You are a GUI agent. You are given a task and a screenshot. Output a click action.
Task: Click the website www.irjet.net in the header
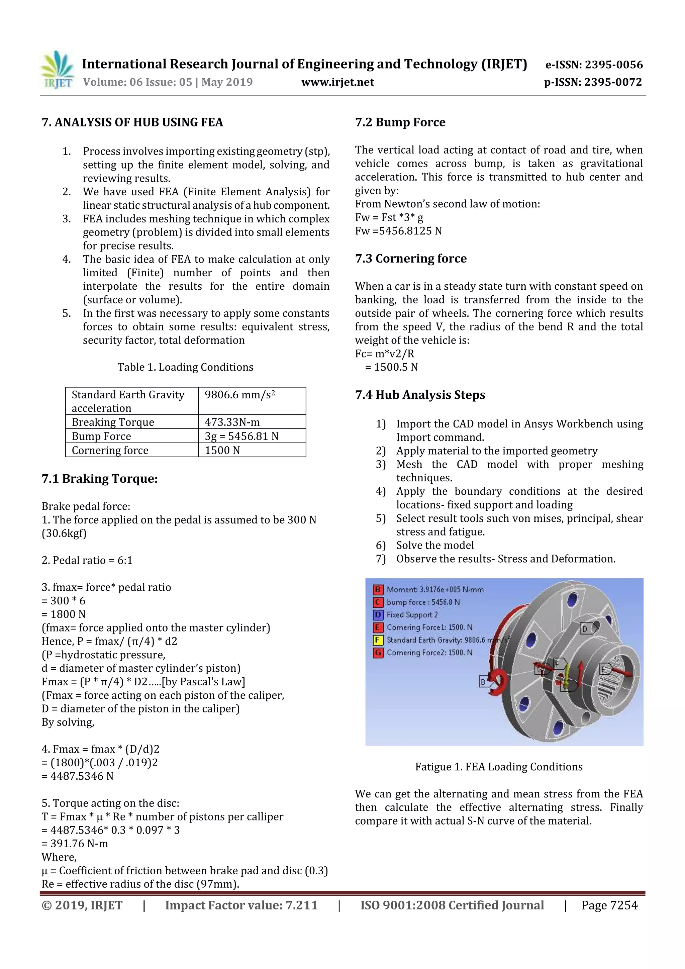(337, 82)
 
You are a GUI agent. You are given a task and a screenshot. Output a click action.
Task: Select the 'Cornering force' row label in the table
(110, 450)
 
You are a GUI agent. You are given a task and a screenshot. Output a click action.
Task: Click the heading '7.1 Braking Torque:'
(100, 479)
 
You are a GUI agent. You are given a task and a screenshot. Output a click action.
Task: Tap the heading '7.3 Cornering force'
(411, 258)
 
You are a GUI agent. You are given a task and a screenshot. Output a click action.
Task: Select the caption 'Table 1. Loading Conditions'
(185, 367)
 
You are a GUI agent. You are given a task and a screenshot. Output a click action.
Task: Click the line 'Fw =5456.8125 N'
(398, 231)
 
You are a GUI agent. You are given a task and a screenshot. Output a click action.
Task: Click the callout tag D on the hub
(585, 629)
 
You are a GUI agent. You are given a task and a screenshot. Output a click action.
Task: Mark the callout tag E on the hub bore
(604, 670)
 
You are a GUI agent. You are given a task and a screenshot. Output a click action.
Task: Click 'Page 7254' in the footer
(609, 905)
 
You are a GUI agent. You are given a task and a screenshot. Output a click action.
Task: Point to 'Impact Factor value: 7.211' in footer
(241, 905)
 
